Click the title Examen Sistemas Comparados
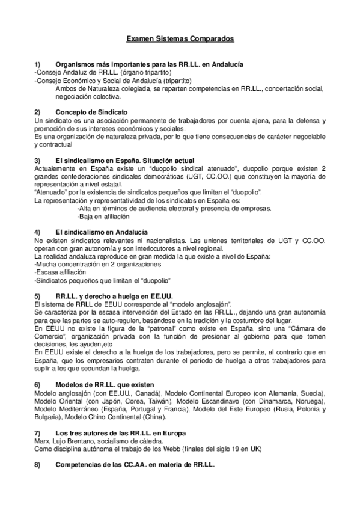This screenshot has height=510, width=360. tap(180, 39)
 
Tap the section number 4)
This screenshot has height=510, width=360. tap(37, 232)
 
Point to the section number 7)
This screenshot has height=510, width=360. tap(37, 433)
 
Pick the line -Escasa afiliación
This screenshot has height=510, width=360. tap(60, 272)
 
